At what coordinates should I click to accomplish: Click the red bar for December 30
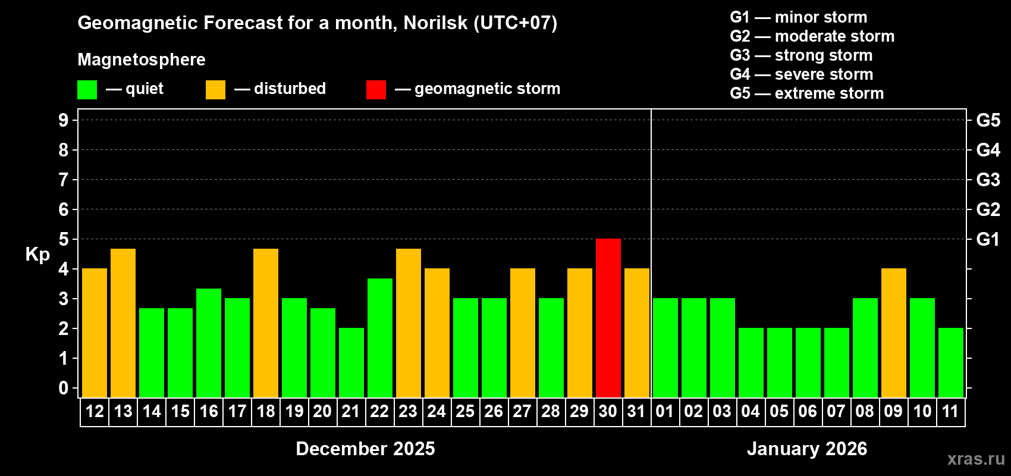(x=608, y=318)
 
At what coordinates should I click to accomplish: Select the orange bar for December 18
(x=265, y=322)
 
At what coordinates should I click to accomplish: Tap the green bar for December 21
(x=351, y=362)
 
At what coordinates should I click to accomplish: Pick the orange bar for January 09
(x=893, y=333)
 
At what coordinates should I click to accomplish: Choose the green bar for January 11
(x=950, y=362)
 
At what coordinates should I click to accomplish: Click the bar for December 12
(x=94, y=333)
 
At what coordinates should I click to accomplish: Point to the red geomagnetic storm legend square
(x=376, y=90)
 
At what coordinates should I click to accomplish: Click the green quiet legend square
(x=87, y=90)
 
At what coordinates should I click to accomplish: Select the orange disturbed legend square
(x=215, y=90)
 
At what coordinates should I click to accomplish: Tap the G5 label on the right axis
(x=988, y=120)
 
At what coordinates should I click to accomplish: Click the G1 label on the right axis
(x=988, y=239)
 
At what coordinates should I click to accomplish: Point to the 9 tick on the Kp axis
(x=64, y=120)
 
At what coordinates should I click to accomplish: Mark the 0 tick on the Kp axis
(x=64, y=388)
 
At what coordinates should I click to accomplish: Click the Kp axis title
(x=37, y=255)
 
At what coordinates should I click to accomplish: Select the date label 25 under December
(x=465, y=411)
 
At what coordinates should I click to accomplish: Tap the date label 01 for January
(x=664, y=411)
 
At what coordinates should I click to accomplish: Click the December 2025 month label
(x=365, y=449)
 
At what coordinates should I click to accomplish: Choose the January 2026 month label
(x=807, y=449)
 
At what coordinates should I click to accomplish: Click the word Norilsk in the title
(x=435, y=23)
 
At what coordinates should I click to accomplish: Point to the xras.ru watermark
(x=976, y=459)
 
